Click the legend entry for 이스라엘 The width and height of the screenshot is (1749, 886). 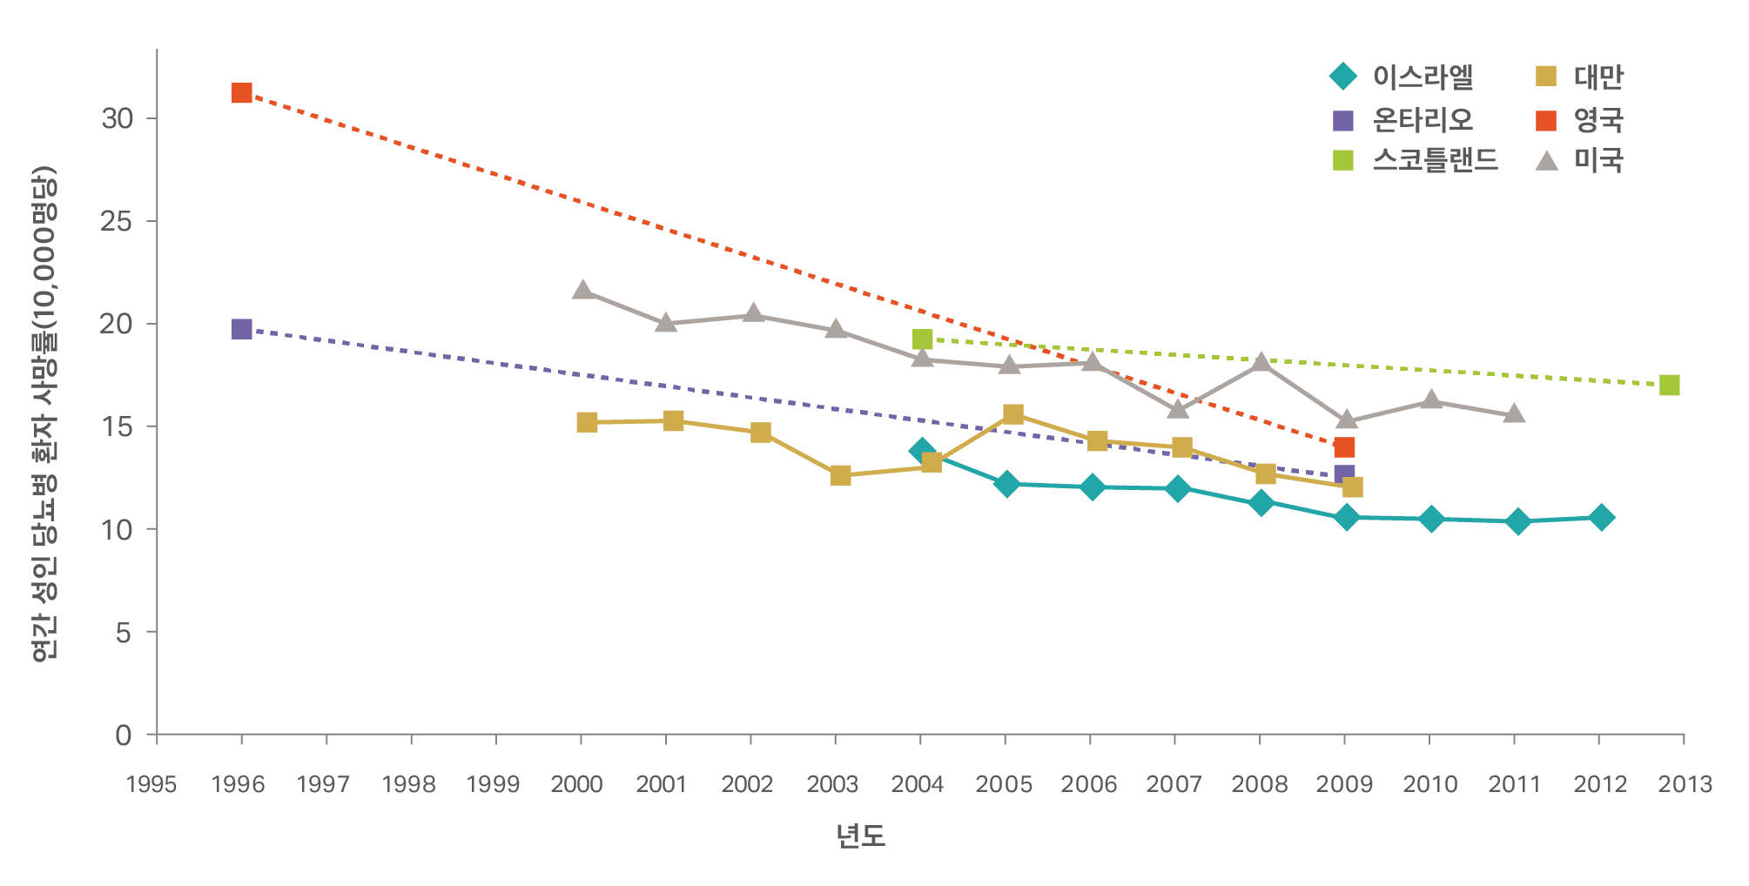[x=1402, y=77]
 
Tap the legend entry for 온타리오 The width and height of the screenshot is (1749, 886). [x=1402, y=120]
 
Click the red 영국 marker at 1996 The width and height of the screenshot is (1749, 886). [x=242, y=93]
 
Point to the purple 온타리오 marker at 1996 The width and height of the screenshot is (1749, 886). [x=242, y=329]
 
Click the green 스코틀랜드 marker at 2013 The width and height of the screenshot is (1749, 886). [x=1669, y=386]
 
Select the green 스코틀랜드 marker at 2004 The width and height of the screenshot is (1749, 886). [x=922, y=339]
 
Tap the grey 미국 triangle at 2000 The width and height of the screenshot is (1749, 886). [x=582, y=290]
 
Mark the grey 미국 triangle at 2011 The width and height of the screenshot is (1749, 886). [x=1514, y=413]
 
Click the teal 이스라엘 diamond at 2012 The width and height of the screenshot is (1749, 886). [x=1600, y=518]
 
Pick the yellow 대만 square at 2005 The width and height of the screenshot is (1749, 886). [x=1012, y=414]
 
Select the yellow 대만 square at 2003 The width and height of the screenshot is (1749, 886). [x=840, y=475]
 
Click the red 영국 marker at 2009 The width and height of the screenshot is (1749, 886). [x=1344, y=447]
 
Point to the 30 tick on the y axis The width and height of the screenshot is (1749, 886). [x=117, y=118]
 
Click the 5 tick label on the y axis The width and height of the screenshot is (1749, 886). [x=123, y=632]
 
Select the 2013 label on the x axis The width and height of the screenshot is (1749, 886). [x=1685, y=784]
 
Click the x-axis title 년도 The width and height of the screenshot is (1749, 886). [x=860, y=836]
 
